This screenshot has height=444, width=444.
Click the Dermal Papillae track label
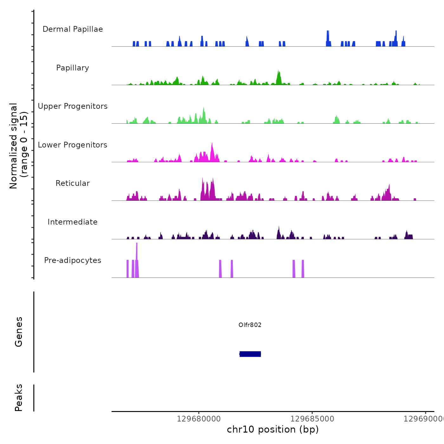(73, 29)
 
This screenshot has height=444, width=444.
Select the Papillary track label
(73, 68)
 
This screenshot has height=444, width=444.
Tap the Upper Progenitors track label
(73, 106)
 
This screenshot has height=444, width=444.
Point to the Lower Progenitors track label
(73, 145)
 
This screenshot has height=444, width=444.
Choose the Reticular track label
(73, 183)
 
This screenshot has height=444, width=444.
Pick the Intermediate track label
(73, 222)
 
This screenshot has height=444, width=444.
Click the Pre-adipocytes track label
(73, 260)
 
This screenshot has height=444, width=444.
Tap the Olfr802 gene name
(250, 325)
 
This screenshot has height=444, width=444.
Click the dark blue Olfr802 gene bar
(250, 354)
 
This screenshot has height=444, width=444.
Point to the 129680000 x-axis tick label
(199, 419)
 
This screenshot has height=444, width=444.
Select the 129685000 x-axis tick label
(312, 419)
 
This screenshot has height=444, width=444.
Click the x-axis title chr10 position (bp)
(273, 429)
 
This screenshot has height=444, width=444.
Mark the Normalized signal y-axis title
(18, 146)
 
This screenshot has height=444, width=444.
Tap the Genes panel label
(19, 332)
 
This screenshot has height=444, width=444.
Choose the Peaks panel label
(19, 398)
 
